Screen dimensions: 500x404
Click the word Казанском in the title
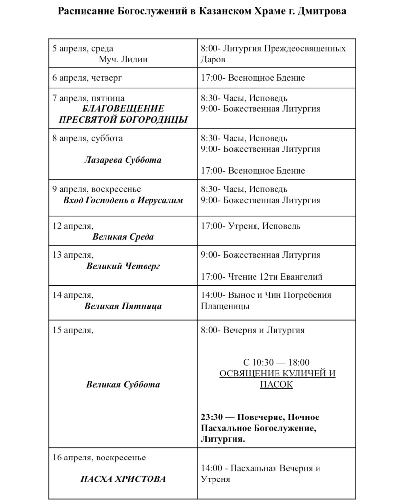[x=226, y=11]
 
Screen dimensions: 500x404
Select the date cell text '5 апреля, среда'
[x=83, y=49]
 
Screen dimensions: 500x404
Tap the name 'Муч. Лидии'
[x=123, y=60]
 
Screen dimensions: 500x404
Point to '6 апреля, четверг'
[x=87, y=78]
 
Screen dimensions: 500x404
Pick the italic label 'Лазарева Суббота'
[x=123, y=160]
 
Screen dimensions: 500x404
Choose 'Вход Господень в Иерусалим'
[x=123, y=200]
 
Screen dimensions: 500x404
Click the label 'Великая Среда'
[x=123, y=237]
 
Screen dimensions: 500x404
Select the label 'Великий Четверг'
[x=123, y=266]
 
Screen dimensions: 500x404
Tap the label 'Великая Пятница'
[x=123, y=306]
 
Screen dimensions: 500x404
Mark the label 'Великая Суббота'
[x=123, y=384]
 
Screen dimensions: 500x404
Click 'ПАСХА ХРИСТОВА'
[x=123, y=479]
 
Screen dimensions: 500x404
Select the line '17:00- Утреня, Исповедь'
[x=251, y=226]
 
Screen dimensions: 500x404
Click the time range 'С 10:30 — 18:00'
[x=276, y=362]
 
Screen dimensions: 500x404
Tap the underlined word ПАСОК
[x=276, y=385]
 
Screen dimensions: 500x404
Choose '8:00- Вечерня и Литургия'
[x=253, y=330]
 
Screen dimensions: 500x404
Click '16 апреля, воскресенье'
[x=99, y=458]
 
